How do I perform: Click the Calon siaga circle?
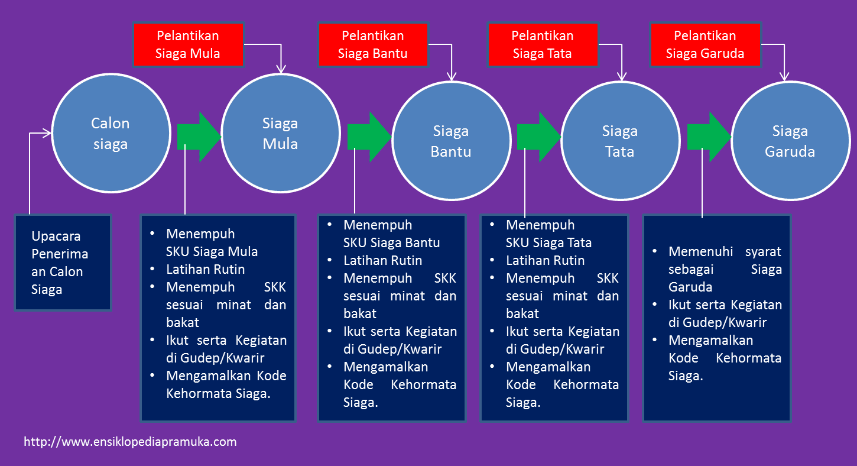(x=110, y=133)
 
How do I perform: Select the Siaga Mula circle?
(x=280, y=134)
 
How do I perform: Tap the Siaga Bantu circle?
(x=451, y=141)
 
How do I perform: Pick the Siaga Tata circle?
(x=619, y=141)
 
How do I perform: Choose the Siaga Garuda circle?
(x=790, y=141)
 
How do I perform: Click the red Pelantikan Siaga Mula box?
(x=188, y=45)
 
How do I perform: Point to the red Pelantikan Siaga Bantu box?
(x=372, y=45)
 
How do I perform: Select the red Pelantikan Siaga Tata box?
(x=543, y=45)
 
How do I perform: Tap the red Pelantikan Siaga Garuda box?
(x=705, y=45)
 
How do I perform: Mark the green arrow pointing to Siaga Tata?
(x=538, y=137)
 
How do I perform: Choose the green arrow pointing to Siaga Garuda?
(x=709, y=137)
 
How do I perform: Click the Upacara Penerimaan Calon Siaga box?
(x=63, y=263)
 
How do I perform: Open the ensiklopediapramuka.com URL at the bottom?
(x=130, y=442)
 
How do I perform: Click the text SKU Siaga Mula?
(x=212, y=251)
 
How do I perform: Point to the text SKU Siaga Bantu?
(x=392, y=242)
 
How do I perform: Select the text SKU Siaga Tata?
(x=549, y=242)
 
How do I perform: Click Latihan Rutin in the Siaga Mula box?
(x=206, y=269)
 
